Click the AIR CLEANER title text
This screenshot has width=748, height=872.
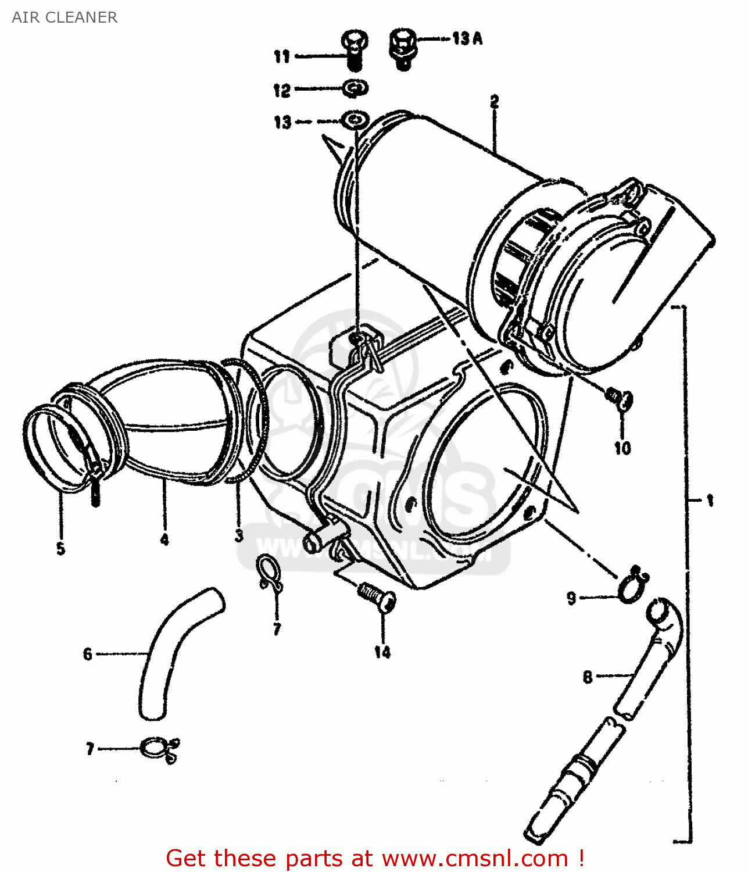[65, 17]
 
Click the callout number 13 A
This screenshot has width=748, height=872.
[467, 39]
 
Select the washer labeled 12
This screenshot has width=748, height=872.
[355, 88]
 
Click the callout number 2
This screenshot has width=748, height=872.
[494, 102]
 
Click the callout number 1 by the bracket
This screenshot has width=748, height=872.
[710, 500]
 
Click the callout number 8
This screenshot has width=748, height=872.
[588, 677]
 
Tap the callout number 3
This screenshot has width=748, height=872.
[239, 535]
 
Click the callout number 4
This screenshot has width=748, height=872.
[164, 539]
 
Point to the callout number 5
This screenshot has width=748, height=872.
[60, 548]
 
